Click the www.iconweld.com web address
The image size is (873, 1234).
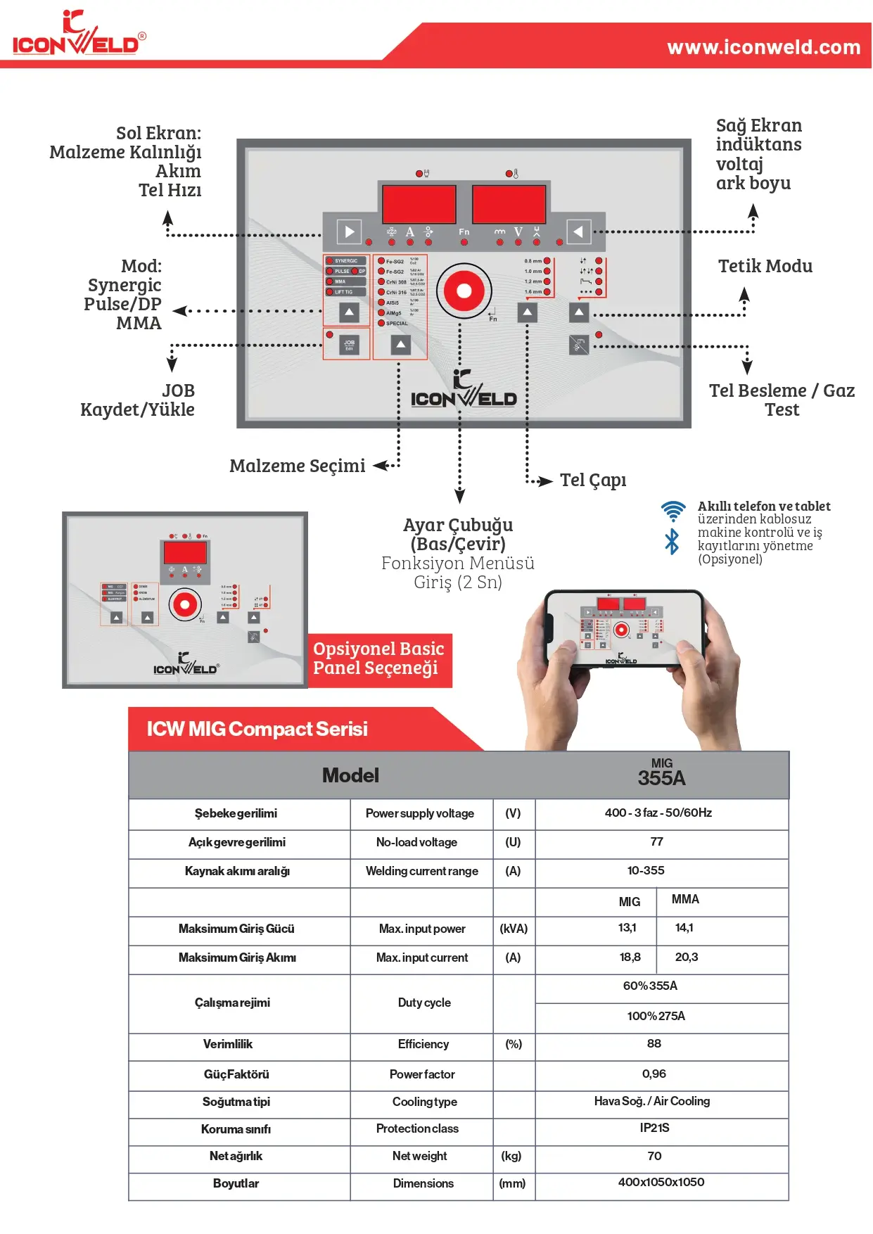coord(763,47)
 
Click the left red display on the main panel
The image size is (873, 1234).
coord(419,204)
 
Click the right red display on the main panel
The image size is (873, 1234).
coord(509,204)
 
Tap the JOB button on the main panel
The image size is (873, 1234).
coord(349,344)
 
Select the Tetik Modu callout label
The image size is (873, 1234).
coord(765,266)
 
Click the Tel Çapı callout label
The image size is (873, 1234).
coord(592,480)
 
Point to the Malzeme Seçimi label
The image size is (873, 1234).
coord(297,466)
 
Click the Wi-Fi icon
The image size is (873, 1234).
coord(673,511)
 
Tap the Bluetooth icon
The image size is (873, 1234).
coord(673,542)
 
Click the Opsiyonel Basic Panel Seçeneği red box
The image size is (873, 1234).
coord(379,659)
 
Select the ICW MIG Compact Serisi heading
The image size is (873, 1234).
coord(257,729)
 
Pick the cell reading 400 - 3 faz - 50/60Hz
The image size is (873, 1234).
coord(658,813)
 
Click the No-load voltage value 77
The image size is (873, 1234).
coord(656,841)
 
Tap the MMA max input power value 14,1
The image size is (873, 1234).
coord(684,928)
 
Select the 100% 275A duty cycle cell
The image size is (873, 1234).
coord(656,1016)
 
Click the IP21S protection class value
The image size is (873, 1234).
coord(654,1128)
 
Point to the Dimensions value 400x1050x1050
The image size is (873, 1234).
coord(661,1182)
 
